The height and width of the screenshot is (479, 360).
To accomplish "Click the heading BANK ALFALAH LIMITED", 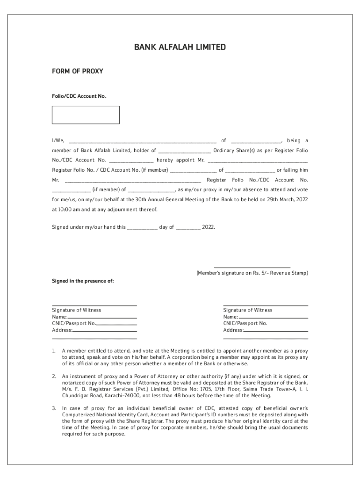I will pos(180,47).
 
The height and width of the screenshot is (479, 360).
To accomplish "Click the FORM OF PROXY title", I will pos(77,72).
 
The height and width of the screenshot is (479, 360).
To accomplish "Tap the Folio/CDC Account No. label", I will pos(79,96).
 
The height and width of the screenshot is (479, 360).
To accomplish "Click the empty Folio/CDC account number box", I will pos(86,115).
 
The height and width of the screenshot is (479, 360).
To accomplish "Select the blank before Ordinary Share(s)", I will pos(185,151).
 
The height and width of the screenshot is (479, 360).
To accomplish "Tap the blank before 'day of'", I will pos(142,228).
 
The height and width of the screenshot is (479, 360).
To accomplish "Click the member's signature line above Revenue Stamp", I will pos(252,267).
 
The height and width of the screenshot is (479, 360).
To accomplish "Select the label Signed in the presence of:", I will pos(82,281).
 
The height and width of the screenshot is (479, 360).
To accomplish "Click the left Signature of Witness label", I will pos(76,310).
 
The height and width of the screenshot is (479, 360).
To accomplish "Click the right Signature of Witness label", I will pos(247,310).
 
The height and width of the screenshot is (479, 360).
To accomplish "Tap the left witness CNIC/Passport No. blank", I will pos(116,324).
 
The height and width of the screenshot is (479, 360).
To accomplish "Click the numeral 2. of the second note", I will pos(54,376).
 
